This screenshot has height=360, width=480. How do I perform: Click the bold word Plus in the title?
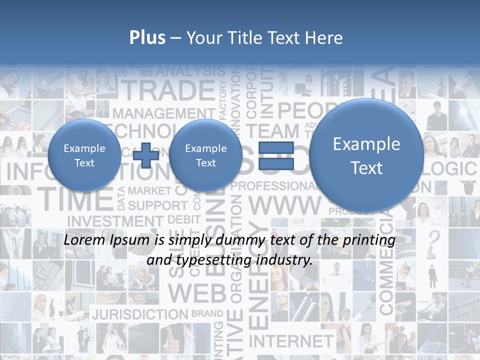pos(147,38)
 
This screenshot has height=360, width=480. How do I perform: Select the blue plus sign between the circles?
pos(146,155)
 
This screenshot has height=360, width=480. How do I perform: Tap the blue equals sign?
pos(275,155)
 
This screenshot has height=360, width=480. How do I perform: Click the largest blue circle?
pos(366,155)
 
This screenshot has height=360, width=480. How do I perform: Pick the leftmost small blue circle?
pos(84,155)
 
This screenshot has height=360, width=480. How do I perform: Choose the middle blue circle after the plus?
pos(205,155)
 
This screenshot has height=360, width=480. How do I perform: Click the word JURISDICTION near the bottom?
pos(140,314)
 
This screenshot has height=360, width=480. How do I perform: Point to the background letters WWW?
pos(285,205)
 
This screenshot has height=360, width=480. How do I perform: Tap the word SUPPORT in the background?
pos(157,205)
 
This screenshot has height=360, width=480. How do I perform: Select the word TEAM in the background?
pos(272,131)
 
